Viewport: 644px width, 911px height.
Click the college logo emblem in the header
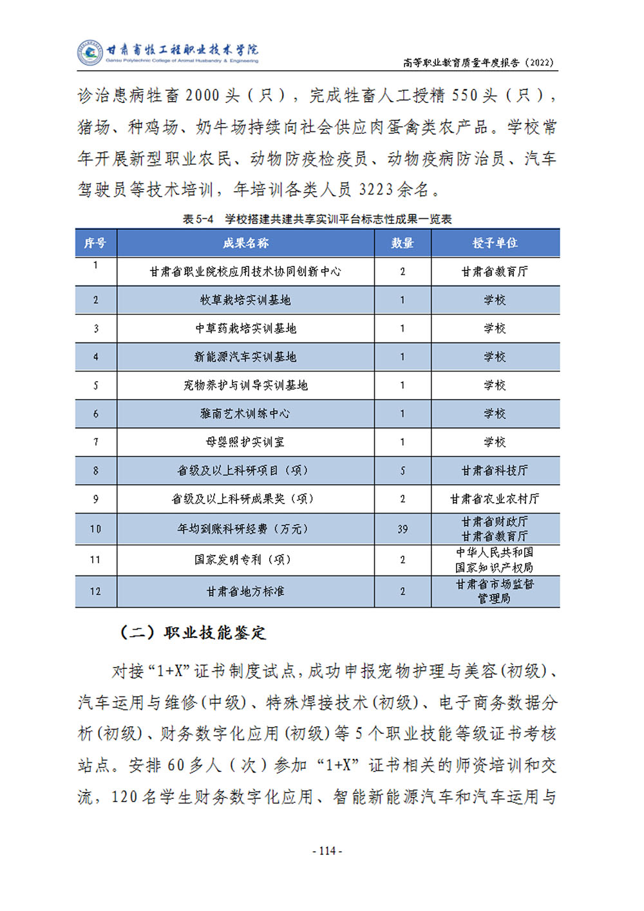point(90,53)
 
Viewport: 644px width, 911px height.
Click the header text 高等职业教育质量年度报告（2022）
point(478,62)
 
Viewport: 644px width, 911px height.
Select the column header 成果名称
point(245,243)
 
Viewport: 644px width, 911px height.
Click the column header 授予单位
point(495,243)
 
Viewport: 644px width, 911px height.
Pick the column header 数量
point(402,243)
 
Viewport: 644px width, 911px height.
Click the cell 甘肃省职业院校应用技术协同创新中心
point(245,272)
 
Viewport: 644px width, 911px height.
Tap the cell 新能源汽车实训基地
point(245,357)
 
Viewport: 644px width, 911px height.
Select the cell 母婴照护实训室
point(245,442)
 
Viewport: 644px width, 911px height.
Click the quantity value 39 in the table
point(402,529)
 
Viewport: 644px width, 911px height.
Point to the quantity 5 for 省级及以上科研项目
point(402,471)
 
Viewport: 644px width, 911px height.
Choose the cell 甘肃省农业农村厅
point(495,499)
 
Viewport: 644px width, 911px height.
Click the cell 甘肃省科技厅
point(495,471)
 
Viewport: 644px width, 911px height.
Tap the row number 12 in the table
point(95,591)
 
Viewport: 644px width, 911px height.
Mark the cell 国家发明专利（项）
point(245,559)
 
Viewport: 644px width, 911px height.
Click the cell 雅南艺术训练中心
point(245,413)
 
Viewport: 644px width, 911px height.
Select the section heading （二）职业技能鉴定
point(193,632)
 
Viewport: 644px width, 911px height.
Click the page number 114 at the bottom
point(327,850)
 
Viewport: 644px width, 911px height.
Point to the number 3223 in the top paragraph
point(375,189)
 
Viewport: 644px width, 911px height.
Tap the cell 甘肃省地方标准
point(245,591)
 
